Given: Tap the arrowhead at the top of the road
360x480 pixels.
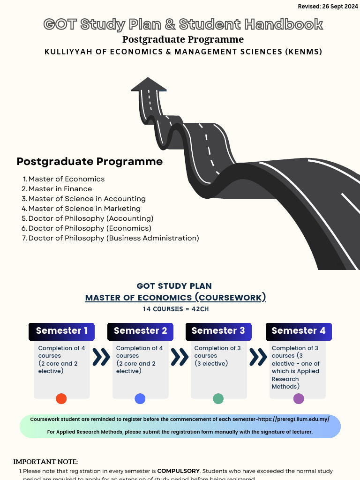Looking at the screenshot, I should [x=149, y=85].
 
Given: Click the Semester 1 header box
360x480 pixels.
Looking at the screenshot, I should [x=61, y=331].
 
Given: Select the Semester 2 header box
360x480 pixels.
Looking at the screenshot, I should [x=140, y=331].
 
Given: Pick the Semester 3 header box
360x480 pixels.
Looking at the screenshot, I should [x=218, y=331].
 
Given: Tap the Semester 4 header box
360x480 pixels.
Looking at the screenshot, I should [x=299, y=331].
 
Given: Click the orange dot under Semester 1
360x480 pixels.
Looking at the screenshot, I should [x=61, y=399].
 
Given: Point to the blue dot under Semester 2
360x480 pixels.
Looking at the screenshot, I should [x=140, y=399].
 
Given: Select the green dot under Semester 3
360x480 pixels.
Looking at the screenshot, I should [x=218, y=399].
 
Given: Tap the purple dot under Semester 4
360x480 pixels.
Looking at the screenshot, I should [x=299, y=399].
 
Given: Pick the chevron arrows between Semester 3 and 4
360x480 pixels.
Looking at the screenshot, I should [x=258, y=357].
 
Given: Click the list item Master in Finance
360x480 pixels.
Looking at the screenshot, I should [x=60, y=189].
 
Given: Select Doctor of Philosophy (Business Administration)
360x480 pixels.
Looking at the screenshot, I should [x=113, y=238].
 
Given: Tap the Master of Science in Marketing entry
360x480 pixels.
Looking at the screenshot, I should [x=84, y=209].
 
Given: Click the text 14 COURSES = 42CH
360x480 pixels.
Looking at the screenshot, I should [x=175, y=309].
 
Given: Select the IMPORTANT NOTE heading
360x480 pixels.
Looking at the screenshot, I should [x=45, y=462].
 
